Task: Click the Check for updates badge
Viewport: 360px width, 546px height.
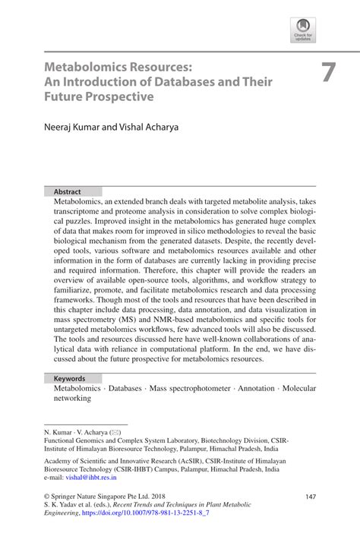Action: click(302, 29)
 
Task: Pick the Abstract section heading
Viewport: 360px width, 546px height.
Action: click(67, 192)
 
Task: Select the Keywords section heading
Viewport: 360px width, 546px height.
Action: click(69, 378)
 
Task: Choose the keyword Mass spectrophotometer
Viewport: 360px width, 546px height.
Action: click(189, 388)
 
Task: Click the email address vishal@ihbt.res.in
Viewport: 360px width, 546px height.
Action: click(87, 479)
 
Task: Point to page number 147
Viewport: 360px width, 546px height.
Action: click(309, 496)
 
